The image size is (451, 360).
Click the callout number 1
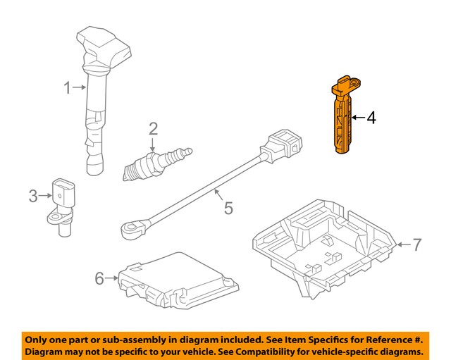point(68,88)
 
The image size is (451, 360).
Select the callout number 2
point(152,128)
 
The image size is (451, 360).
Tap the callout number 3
point(32,197)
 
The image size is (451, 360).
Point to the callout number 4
point(371,118)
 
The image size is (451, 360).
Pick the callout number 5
point(227,208)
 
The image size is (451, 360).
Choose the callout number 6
point(99,279)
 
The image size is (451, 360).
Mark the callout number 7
point(416,245)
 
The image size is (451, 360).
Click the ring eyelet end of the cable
point(130,228)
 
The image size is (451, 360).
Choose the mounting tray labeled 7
point(324,243)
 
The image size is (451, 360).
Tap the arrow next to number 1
point(80,88)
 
